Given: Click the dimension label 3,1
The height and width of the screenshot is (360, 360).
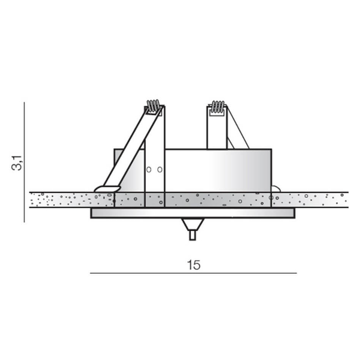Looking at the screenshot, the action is pos(17,163).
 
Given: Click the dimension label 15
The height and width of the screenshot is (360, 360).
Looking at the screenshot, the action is pos(194,265).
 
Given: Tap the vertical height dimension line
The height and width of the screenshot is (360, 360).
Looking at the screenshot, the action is pos(25,163).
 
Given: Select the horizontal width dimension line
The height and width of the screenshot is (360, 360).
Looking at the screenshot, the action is pos(193,273).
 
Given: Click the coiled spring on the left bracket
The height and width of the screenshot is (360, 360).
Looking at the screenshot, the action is pos(153,106).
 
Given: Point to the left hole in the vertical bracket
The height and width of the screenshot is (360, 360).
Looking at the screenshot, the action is pos(149,170).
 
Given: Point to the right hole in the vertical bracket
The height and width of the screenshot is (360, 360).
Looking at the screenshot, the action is pos(160,170).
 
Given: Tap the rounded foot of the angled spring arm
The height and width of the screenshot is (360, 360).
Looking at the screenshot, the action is pos(107,189).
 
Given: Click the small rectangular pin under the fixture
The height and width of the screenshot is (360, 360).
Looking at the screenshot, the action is pos(193,235).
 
